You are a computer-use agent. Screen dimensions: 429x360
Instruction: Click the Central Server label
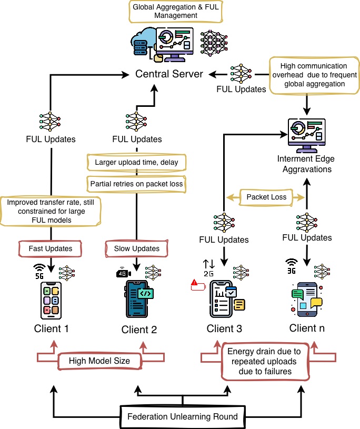169,74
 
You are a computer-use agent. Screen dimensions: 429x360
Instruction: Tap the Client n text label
307,328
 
